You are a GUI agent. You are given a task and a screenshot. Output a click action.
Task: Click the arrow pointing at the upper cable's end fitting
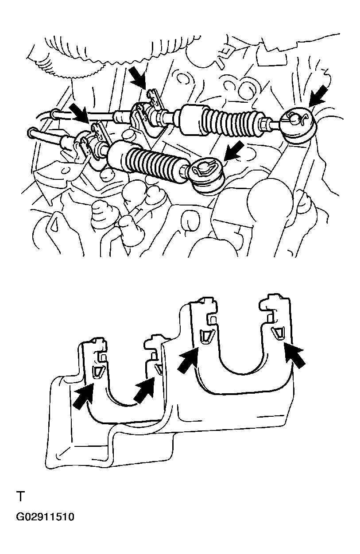click(319, 96)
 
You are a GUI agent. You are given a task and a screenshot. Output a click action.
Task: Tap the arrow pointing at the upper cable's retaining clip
click(138, 77)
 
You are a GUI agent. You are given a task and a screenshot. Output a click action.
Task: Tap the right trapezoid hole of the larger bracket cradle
click(278, 333)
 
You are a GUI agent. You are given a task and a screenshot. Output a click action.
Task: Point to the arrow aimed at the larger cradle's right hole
click(295, 355)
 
